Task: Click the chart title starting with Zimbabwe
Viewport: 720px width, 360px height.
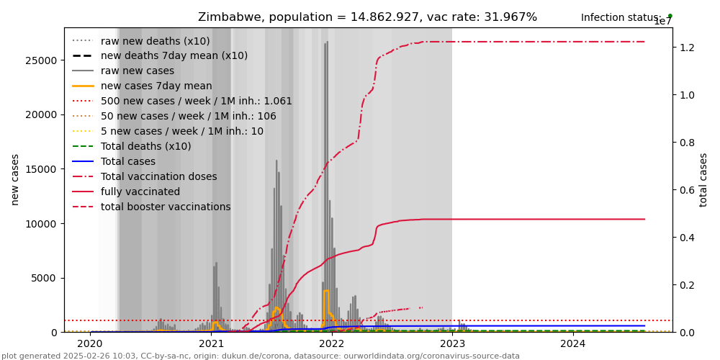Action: coord(367,17)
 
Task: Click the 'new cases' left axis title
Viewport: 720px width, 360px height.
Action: coord(15,179)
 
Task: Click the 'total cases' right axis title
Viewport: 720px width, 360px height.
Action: coord(703,179)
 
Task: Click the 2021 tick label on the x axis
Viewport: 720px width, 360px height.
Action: coord(211,343)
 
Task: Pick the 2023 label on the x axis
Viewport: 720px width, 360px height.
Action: coord(452,343)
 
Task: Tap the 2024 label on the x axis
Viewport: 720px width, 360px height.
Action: coord(572,343)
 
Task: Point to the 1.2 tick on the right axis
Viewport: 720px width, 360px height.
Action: coord(687,48)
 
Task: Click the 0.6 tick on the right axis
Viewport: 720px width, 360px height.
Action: coord(687,190)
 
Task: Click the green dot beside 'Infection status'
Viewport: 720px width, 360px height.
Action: coord(670,16)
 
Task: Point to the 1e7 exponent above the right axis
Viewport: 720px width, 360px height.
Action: coord(662,22)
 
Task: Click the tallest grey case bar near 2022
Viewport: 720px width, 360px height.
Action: coord(327,180)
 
